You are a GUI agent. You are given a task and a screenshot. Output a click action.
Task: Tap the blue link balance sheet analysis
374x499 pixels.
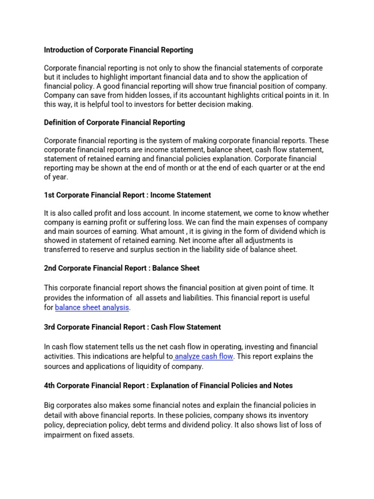tap(92, 307)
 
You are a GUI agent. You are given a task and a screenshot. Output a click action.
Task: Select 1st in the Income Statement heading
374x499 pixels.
tap(50, 195)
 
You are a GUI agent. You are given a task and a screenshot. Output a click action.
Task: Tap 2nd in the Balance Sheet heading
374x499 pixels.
tap(51, 268)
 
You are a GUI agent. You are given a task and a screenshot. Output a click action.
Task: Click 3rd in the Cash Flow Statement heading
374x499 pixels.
tap(50, 327)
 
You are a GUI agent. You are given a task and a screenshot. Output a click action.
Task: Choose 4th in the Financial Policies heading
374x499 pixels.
tap(50, 385)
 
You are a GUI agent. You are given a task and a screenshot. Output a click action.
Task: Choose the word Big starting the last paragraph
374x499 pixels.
tap(50, 405)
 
